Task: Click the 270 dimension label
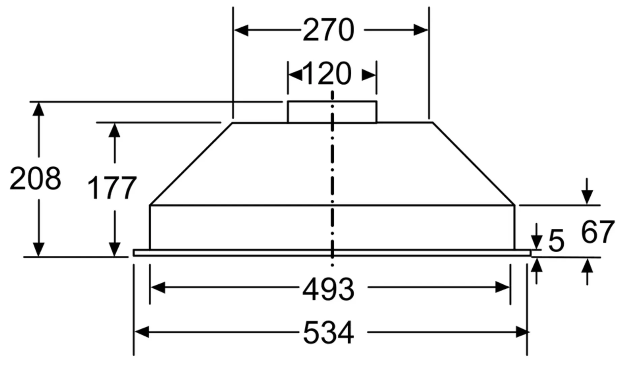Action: point(329,30)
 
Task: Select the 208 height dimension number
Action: point(35,178)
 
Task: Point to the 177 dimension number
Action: point(112,188)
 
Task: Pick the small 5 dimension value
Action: point(557,241)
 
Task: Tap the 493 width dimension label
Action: point(328,289)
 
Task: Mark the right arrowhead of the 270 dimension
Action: point(421,30)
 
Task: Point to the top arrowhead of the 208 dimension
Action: point(39,109)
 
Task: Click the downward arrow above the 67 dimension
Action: point(587,191)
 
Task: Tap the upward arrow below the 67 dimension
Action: point(587,272)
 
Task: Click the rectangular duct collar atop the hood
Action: point(332,112)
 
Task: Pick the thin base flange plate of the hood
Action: point(332,253)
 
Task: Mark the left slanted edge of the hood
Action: point(191,164)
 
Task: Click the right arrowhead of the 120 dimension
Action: point(369,75)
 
